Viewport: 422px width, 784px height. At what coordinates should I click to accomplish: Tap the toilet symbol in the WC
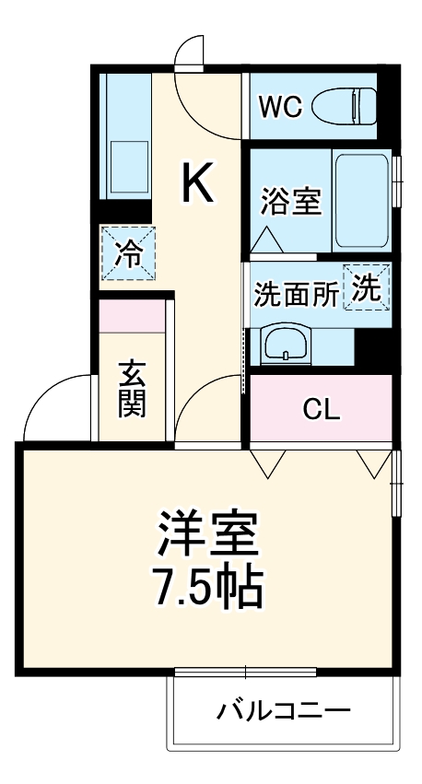click(x=346, y=107)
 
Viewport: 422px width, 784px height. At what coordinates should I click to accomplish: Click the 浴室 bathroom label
click(x=290, y=202)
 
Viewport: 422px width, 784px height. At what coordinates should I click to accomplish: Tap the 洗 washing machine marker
click(x=368, y=287)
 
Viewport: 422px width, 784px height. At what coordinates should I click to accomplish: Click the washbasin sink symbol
click(x=287, y=345)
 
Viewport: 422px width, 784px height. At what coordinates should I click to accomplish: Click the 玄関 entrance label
click(x=132, y=388)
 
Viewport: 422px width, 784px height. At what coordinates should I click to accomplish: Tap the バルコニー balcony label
click(x=284, y=712)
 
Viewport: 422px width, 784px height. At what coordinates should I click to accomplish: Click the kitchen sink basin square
click(x=129, y=166)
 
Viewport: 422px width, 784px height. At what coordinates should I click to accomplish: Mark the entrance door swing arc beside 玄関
click(x=57, y=405)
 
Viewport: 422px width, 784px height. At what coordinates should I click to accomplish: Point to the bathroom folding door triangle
click(x=266, y=241)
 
